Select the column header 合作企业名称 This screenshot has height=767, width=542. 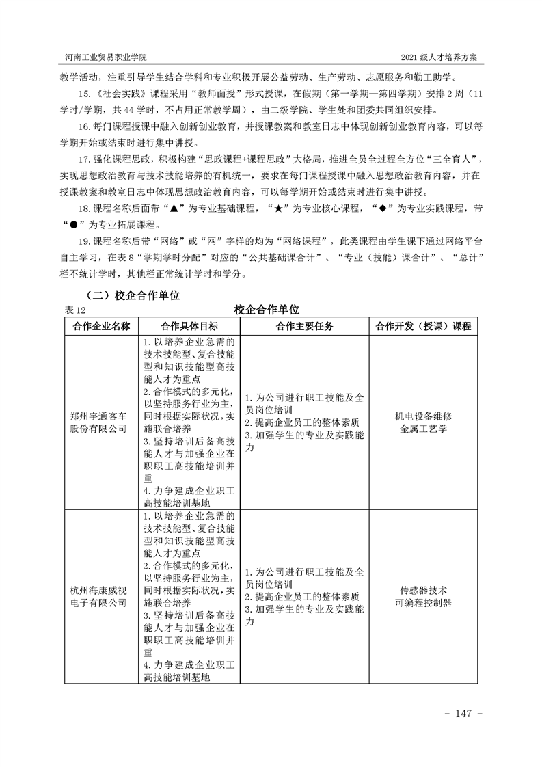102,326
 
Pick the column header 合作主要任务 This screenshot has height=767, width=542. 305,326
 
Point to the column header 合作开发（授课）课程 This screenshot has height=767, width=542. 424,326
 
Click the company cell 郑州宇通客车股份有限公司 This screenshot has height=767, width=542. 102,422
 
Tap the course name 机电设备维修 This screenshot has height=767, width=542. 424,416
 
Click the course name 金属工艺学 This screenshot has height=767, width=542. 424,429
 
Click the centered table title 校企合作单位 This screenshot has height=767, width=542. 267,310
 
